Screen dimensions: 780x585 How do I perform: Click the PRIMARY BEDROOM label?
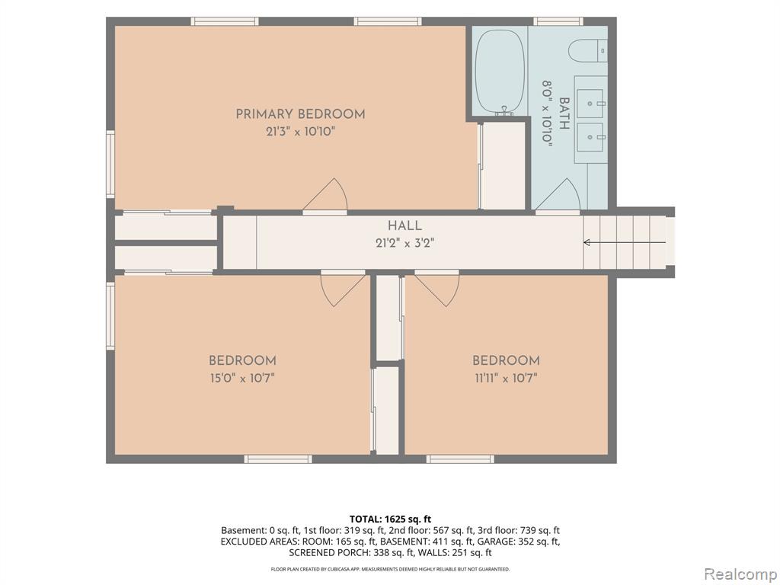coord(300,114)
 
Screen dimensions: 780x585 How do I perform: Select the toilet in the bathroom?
coord(587,51)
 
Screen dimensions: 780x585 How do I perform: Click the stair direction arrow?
coord(625,243)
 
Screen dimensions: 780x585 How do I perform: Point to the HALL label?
coord(405,225)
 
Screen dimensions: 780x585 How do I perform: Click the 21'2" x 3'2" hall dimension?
coord(405,244)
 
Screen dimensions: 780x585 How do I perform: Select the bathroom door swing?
coord(558,195)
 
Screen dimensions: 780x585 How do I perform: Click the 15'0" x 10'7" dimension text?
coord(242,379)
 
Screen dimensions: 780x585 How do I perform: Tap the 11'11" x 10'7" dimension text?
coord(506,379)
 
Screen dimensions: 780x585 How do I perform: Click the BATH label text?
coord(564,113)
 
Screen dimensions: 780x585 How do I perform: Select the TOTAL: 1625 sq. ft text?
coord(390,519)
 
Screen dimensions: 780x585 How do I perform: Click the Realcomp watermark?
coord(740,574)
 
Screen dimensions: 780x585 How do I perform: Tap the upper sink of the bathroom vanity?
coord(590,104)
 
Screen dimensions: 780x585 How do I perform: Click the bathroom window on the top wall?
coord(558,21)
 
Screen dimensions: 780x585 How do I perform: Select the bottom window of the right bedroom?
coord(460,459)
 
